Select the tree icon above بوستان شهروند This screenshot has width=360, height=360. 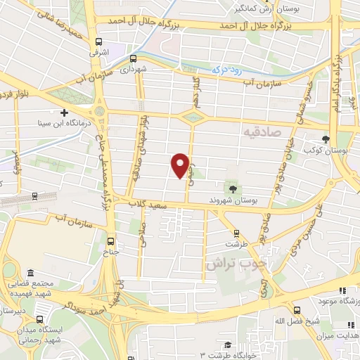(231, 188)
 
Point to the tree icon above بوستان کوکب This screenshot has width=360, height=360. (325, 139)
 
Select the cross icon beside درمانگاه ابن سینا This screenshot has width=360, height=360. (65, 112)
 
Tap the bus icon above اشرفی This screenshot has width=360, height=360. (99, 41)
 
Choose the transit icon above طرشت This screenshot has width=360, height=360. (236, 233)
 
